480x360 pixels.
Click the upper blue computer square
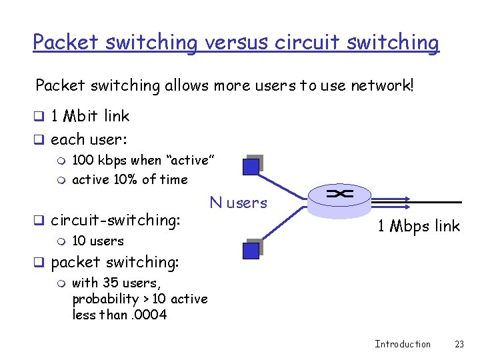click(251, 166)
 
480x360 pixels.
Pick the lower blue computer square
click(251, 250)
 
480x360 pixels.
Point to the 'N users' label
click(238, 203)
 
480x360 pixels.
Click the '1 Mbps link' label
click(419, 226)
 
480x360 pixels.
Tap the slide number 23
click(459, 344)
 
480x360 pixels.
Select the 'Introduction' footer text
click(403, 344)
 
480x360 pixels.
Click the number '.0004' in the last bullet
click(151, 315)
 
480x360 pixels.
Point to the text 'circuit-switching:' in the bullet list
click(115, 219)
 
